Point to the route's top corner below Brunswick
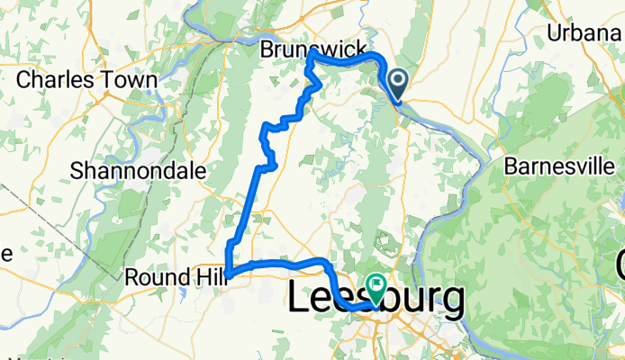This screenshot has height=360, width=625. pyautogui.click(x=311, y=53)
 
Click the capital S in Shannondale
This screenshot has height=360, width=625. pyautogui.click(x=77, y=170)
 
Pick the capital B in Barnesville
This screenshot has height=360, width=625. pyautogui.click(x=511, y=166)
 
